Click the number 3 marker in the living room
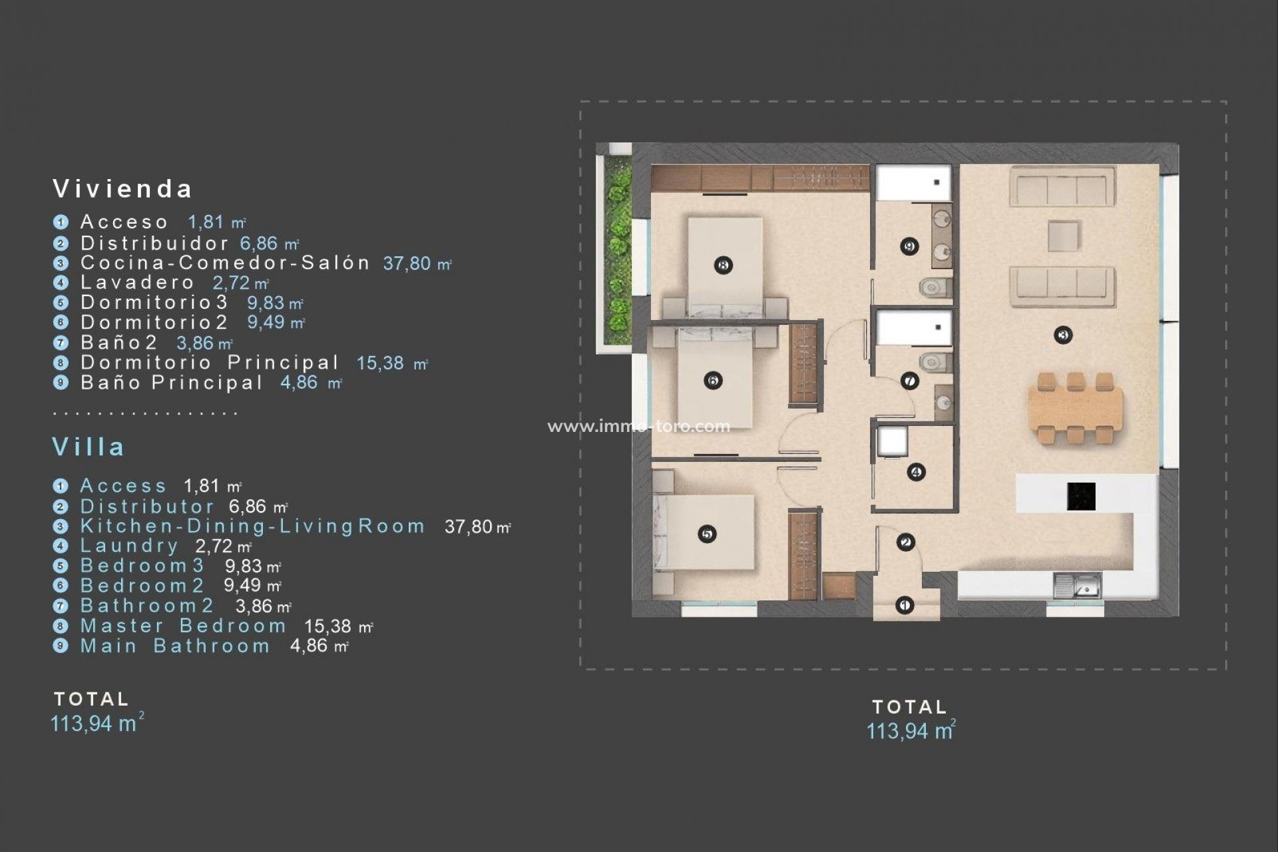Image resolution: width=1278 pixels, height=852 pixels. pyautogui.click(x=1062, y=335)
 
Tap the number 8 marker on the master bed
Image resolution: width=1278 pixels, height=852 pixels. pyautogui.click(x=724, y=266)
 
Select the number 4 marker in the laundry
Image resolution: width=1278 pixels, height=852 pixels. pyautogui.click(x=916, y=473)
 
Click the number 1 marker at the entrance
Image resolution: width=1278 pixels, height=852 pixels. pyautogui.click(x=904, y=605)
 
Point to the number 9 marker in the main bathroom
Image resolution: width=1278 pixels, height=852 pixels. pyautogui.click(x=909, y=247)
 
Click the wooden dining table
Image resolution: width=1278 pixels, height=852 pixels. pyautogui.click(x=1075, y=408)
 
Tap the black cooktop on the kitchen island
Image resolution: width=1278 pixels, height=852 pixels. pyautogui.click(x=1081, y=497)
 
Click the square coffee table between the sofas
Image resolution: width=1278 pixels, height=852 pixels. pyautogui.click(x=1063, y=236)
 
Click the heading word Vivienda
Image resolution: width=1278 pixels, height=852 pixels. pyautogui.click(x=123, y=189)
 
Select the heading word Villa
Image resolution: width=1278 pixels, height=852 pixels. pyautogui.click(x=89, y=447)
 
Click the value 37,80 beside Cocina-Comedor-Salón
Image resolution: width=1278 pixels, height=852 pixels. pyautogui.click(x=407, y=264)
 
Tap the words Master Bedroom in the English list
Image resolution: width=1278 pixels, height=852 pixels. pyautogui.click(x=183, y=626)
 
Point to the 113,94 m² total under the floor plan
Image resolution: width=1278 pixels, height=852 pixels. pyautogui.click(x=910, y=731)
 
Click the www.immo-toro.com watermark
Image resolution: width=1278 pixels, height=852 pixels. pyautogui.click(x=638, y=426)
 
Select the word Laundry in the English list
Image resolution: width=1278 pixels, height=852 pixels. pyautogui.click(x=129, y=546)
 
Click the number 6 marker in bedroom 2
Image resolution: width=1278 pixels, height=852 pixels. pyautogui.click(x=713, y=381)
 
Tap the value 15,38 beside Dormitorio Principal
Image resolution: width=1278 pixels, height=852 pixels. pyautogui.click(x=381, y=363)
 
